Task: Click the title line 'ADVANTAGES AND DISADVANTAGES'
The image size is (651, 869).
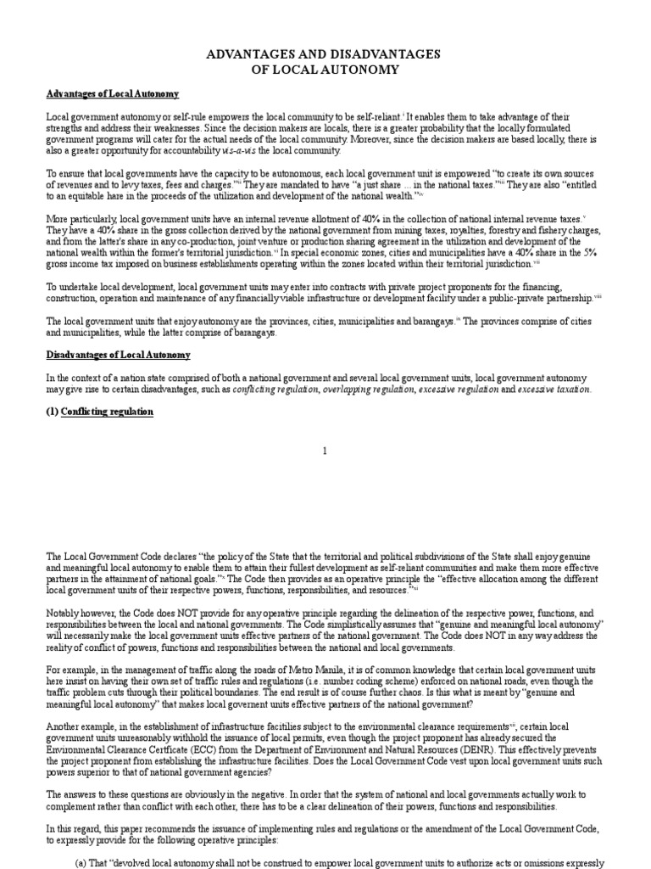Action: click(x=325, y=54)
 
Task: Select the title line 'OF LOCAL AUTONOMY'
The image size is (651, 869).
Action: click(x=325, y=70)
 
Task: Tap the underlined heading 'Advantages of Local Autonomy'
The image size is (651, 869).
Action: click(x=113, y=94)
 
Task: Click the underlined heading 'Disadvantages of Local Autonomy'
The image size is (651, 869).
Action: click(x=119, y=355)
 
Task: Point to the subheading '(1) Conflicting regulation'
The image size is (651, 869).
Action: click(x=100, y=412)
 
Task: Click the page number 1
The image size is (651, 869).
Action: click(x=324, y=451)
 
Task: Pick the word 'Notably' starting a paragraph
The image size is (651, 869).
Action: click(x=64, y=612)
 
